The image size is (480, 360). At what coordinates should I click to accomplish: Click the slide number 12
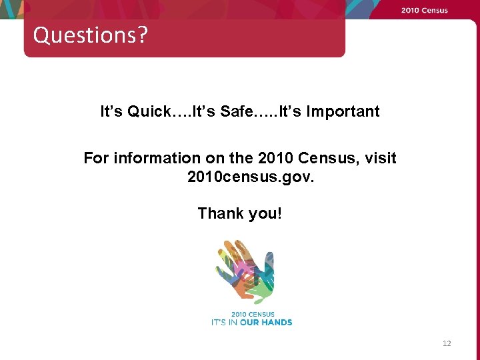tap(446, 343)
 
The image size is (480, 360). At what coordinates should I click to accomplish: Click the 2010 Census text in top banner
tap(424, 10)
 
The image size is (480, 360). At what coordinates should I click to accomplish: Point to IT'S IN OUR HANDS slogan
tap(251, 322)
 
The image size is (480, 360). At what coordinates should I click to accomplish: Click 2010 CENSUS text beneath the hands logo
tap(253, 315)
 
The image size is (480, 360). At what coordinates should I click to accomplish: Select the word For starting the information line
tap(96, 158)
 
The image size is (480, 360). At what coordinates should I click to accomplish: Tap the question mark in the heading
tap(142, 35)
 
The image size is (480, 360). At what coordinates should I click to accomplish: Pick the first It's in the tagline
tap(112, 111)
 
